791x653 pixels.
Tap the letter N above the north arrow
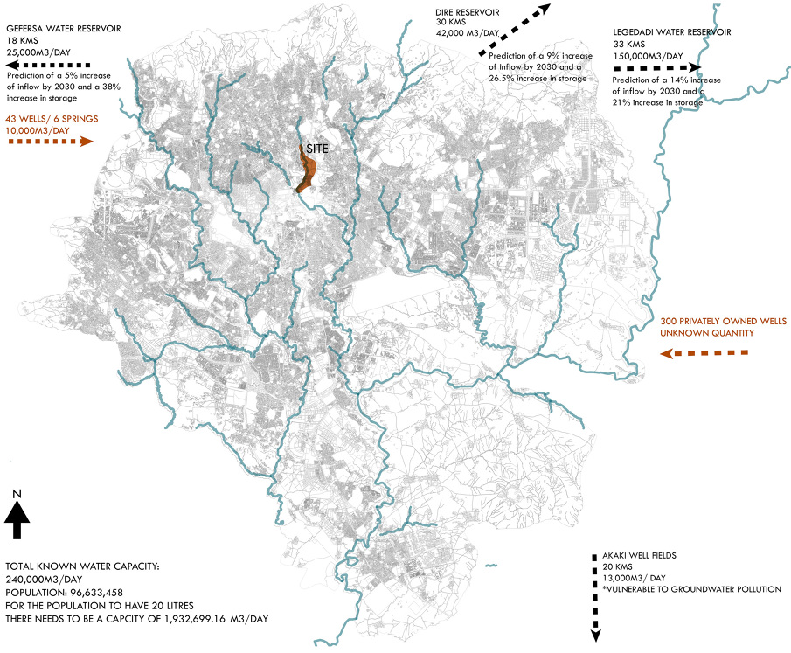pyautogui.click(x=17, y=495)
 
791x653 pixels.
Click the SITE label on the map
pyautogui.click(x=317, y=149)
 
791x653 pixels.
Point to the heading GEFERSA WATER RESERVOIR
pyautogui.click(x=63, y=29)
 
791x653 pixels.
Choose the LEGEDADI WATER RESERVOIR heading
pyautogui.click(x=672, y=32)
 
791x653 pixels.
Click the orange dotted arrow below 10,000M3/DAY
pyautogui.click(x=49, y=141)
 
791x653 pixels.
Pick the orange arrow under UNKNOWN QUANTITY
pyautogui.click(x=704, y=353)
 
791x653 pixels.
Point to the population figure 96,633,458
pyautogui.click(x=96, y=591)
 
